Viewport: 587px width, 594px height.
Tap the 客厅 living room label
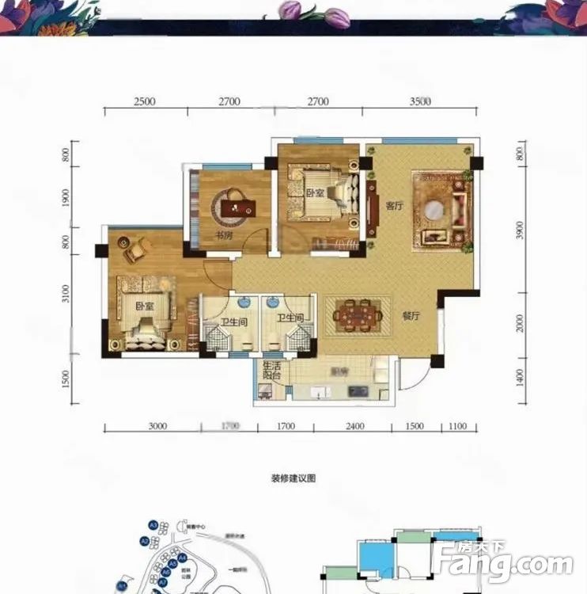394,204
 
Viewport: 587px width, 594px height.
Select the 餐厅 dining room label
409,314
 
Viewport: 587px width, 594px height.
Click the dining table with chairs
358,314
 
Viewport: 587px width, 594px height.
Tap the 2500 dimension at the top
144,101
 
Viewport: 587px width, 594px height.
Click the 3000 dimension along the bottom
157,427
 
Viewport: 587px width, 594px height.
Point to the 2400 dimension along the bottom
354,427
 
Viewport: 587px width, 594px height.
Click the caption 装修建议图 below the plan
293,479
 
